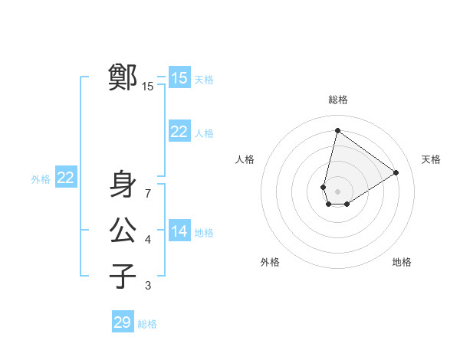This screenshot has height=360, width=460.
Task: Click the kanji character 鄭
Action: pyautogui.click(x=123, y=77)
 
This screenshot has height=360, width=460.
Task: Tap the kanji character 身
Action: pyautogui.click(x=123, y=185)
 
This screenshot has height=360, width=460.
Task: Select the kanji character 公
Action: pyautogui.click(x=123, y=230)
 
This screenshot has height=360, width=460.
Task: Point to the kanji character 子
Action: pyautogui.click(x=123, y=275)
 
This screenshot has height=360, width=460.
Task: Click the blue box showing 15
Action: pyautogui.click(x=179, y=77)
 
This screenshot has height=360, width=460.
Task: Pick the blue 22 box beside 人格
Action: pyautogui.click(x=179, y=132)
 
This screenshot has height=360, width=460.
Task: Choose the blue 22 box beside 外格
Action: pyautogui.click(x=65, y=178)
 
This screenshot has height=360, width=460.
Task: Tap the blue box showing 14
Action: pyautogui.click(x=179, y=231)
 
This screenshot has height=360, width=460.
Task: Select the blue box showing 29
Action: pyautogui.click(x=122, y=322)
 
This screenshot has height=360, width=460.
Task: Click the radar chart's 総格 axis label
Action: pyautogui.click(x=338, y=100)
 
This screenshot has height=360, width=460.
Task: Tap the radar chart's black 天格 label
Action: pyautogui.click(x=432, y=159)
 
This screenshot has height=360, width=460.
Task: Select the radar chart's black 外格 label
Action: pyautogui.click(x=270, y=262)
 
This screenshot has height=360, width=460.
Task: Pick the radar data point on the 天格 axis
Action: pyautogui.click(x=396, y=172)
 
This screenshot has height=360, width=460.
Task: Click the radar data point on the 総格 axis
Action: pyautogui.click(x=338, y=130)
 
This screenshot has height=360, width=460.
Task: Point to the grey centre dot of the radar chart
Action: pyautogui.click(x=338, y=191)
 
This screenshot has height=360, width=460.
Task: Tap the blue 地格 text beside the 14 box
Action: pyautogui.click(x=204, y=233)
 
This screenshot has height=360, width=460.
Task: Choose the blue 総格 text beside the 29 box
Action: pyautogui.click(x=147, y=324)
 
